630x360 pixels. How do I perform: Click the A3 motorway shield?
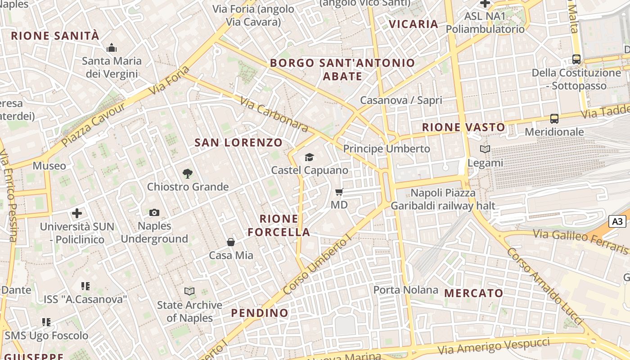617,221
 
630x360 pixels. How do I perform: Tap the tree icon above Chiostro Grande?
188,173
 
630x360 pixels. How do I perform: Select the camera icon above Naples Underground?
154,212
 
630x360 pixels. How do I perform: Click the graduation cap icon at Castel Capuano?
309,157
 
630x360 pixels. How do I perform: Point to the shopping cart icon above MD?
339,192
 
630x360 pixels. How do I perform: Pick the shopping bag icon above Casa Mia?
231,242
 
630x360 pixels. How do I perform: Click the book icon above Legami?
485,149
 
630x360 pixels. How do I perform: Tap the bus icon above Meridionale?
554,119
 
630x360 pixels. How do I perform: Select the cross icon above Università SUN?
77,213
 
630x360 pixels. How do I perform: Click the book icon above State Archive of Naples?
189,292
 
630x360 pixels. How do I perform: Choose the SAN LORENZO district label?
238,143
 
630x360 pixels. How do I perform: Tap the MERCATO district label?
474,293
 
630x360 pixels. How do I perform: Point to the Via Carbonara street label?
274,115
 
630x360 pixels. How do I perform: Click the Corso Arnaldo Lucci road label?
545,286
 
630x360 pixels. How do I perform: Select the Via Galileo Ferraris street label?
580,241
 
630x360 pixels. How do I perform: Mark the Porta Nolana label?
406,290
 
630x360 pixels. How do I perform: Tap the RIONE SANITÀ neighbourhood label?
55,36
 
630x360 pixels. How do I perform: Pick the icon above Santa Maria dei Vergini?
112,48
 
